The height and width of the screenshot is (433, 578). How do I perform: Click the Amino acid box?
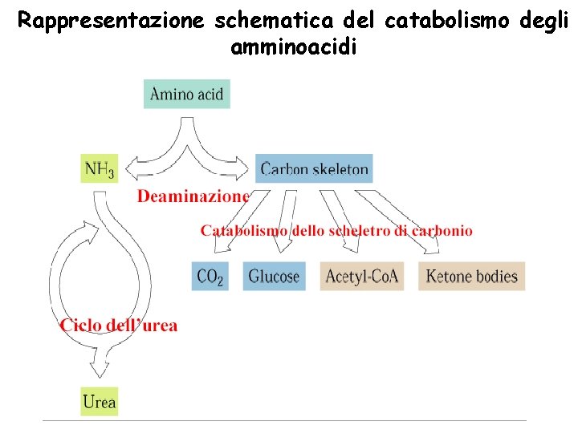click(x=187, y=94)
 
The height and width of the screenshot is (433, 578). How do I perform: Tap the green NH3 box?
click(x=100, y=168)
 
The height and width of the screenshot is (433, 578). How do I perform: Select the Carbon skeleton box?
click(x=314, y=168)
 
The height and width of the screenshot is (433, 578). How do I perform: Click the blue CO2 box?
click(x=210, y=277)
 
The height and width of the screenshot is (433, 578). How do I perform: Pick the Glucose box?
click(x=274, y=277)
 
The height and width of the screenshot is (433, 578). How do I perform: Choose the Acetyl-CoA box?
click(x=361, y=277)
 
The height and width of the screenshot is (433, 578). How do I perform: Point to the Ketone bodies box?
click(x=471, y=277)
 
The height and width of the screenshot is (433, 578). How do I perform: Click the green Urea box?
click(x=100, y=401)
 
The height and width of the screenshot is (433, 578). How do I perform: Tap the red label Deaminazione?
click(x=193, y=196)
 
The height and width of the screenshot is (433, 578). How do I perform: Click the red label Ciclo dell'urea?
click(x=119, y=326)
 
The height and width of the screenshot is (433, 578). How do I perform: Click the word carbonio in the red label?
click(x=442, y=231)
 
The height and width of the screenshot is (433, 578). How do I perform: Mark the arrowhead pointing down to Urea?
click(x=100, y=370)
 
